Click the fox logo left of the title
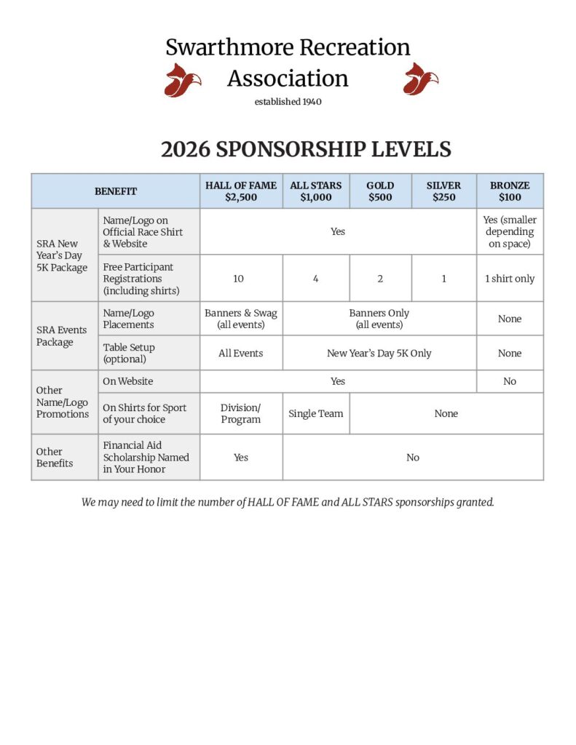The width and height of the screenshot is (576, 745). pos(182,79)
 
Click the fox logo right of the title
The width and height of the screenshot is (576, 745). pos(420,79)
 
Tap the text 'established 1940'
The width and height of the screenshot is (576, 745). pos(288,102)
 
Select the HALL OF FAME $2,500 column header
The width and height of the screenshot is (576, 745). pos(241,191)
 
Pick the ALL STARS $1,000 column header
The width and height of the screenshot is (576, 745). pos(316,191)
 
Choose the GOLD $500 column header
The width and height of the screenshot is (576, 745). pos(380,191)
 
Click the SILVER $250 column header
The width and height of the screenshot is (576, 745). pos(443,191)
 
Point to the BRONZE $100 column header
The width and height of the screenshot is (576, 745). pos(510,191)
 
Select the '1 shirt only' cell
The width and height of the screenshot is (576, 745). pos(510,279)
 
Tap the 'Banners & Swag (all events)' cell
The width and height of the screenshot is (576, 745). pos(241,319)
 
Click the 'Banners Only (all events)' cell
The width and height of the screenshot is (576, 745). pos(379,319)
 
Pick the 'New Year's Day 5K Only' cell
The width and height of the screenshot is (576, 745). pos(379,354)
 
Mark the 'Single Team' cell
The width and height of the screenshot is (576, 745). pos(316,413)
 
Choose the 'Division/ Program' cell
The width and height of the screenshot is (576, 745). pos(241,413)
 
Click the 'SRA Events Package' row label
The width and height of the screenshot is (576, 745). pos(62,335)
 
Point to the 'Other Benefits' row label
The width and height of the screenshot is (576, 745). pos(55,457)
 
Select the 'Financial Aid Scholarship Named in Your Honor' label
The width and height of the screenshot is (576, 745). pos(146,457)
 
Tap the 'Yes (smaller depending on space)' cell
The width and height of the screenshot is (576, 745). pos(510,232)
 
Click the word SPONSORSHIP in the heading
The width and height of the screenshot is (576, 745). pos(292,149)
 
